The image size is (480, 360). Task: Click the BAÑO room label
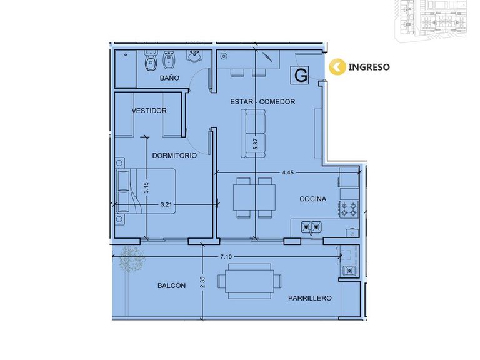pyautogui.click(x=169, y=77)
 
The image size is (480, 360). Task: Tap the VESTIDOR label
pyautogui.click(x=149, y=111)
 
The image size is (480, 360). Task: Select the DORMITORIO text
pyautogui.click(x=174, y=156)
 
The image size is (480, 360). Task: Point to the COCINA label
pyautogui.click(x=312, y=199)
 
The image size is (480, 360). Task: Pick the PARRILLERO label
pyautogui.click(x=310, y=298)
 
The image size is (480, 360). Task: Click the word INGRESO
pyautogui.click(x=369, y=67)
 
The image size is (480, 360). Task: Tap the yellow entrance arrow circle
pyautogui.click(x=337, y=67)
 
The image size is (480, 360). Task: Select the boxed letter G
pyautogui.click(x=300, y=75)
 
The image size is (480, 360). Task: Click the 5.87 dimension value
pyautogui.click(x=256, y=144)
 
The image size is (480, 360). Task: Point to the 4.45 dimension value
pyautogui.click(x=287, y=172)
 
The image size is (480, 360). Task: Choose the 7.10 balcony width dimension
pyautogui.click(x=226, y=257)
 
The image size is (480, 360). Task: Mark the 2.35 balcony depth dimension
pyautogui.click(x=202, y=282)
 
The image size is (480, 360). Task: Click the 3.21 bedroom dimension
pyautogui.click(x=166, y=204)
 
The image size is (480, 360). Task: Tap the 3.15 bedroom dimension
pyautogui.click(x=146, y=187)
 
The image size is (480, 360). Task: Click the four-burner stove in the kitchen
pyautogui.click(x=349, y=209)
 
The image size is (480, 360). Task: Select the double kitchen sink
pyautogui.click(x=311, y=227)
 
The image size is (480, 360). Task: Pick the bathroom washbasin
pyautogui.click(x=194, y=56)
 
